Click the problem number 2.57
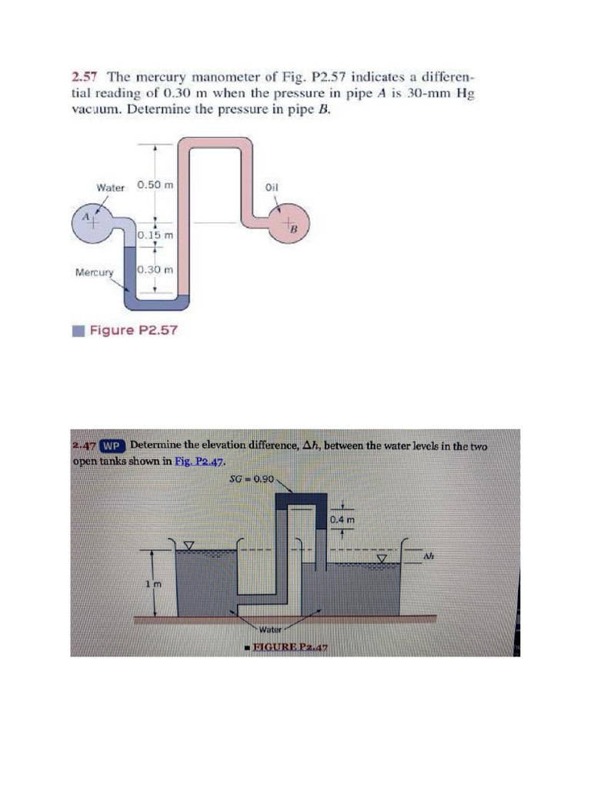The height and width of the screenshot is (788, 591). pyautogui.click(x=85, y=77)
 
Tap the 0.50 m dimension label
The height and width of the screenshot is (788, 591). pyautogui.click(x=155, y=185)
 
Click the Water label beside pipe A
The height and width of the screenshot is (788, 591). pyautogui.click(x=110, y=187)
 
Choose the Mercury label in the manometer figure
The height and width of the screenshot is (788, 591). pyautogui.click(x=94, y=272)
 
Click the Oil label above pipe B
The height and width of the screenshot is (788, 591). pyautogui.click(x=271, y=187)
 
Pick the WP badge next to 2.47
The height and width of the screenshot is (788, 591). pyautogui.click(x=113, y=446)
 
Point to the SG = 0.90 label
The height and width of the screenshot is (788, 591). pyautogui.click(x=252, y=478)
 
